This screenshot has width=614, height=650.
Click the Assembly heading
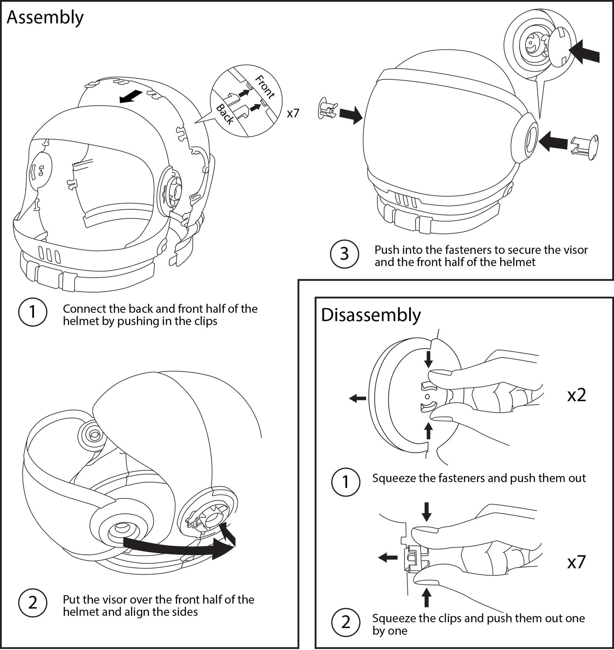pos(45,18)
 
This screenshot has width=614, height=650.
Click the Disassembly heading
pos(371,315)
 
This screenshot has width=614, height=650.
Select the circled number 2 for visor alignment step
pos(32,603)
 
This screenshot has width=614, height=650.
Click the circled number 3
pos(344,254)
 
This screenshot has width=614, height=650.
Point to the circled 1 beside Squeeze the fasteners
pos(345,482)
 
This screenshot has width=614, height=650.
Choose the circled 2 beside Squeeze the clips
pos(345,622)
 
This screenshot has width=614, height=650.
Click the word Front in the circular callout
pos(265,86)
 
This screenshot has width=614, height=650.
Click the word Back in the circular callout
pos(225,114)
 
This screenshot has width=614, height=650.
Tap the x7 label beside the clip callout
pos(293,113)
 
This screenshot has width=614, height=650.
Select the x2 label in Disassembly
pos(577,395)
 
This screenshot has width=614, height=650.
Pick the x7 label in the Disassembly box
pos(577,562)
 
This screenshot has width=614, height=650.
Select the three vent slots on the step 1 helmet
pos(50,254)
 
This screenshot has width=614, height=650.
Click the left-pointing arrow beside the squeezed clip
pos(388,557)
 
